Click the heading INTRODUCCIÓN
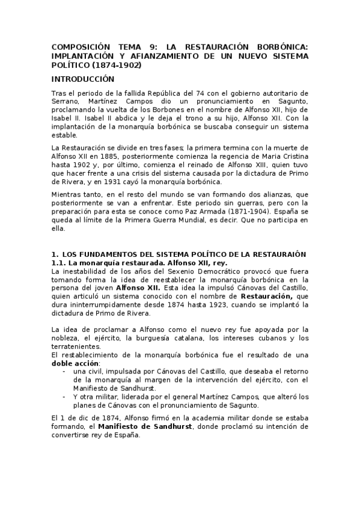point(82,79)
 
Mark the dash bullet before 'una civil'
point(64,372)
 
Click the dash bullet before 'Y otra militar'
point(64,397)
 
